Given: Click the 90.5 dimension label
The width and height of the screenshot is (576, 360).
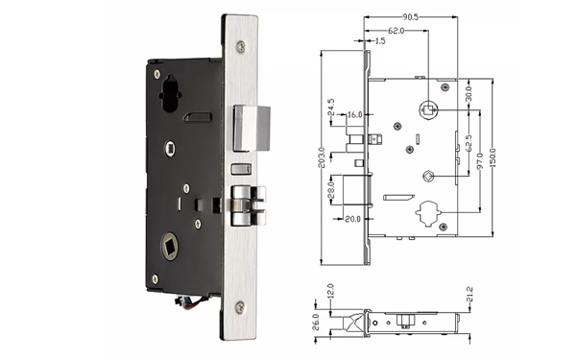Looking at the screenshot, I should [x=409, y=17].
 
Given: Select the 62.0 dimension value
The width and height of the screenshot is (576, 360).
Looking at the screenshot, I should [x=396, y=31].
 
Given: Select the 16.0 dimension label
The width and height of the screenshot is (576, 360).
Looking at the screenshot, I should [x=354, y=115].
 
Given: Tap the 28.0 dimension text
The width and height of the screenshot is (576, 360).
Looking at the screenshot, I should [x=329, y=196].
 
